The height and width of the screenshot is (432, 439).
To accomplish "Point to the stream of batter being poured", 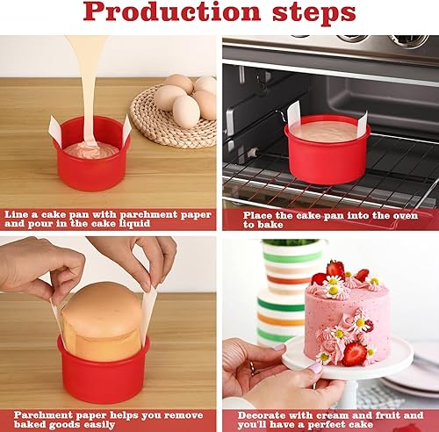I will pyautogui.click(x=85, y=79).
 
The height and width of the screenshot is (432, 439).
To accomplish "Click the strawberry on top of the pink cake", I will pyautogui.click(x=335, y=269).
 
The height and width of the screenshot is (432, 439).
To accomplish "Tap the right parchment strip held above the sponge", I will pyautogui.click(x=148, y=312).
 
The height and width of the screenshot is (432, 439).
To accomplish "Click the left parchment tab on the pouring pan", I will pyautogui.click(x=55, y=131).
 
